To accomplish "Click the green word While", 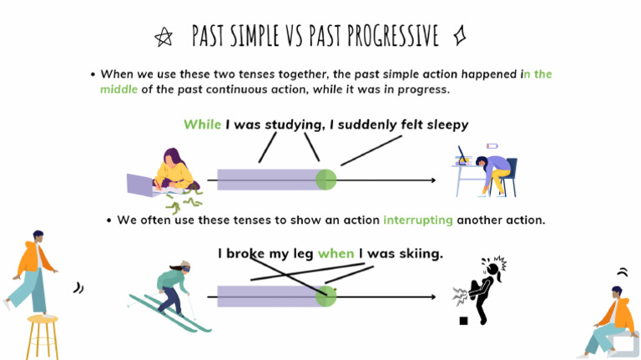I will (202, 124).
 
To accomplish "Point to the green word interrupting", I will (418, 221).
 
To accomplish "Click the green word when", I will (336, 253).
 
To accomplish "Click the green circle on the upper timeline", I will (326, 180).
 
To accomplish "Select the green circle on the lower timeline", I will (326, 297).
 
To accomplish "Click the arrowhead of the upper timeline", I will (432, 180).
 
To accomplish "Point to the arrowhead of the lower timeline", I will (432, 297).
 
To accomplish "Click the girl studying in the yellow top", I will (174, 171).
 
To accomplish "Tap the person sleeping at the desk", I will (488, 171).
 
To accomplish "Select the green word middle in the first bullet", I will (119, 89).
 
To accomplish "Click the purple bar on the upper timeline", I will (267, 180).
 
